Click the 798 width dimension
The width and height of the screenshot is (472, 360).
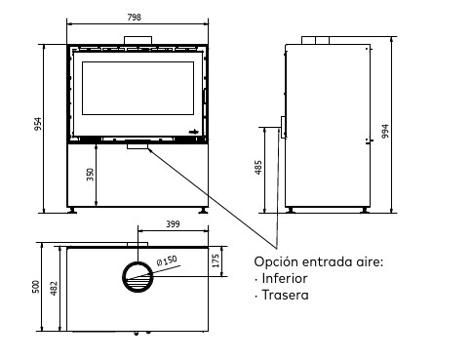point(134,18)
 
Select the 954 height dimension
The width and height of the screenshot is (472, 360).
point(38,124)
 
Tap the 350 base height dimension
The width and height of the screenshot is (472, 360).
point(90,175)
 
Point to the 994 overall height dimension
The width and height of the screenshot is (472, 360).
point(385,131)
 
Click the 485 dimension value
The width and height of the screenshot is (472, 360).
point(258,167)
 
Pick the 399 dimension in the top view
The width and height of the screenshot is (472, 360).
point(173,224)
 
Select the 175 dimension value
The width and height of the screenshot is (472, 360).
point(216,260)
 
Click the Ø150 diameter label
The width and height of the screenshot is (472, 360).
point(167,260)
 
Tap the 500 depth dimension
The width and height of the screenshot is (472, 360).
point(36,287)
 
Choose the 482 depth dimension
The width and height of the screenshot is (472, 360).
point(54,288)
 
